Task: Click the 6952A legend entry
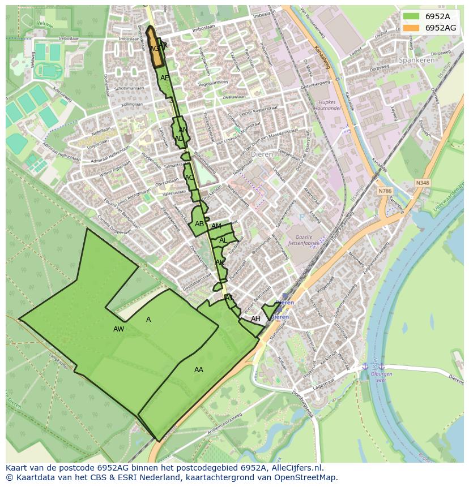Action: pos(428,16)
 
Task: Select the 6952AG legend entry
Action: pos(428,28)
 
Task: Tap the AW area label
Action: pos(118,329)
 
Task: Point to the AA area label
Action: pos(199,370)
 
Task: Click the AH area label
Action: pos(255,319)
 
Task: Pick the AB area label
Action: pos(199,224)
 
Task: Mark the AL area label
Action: pos(223,240)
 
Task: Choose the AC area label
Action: pos(189,178)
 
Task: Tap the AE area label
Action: pos(164,78)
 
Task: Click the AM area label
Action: pos(216,226)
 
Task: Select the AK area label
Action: pos(220,262)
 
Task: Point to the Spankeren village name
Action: pos(416,60)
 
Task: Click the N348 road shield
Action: pos(422,183)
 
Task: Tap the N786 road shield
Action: pos(385,191)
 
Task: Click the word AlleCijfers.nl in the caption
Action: pos(296,468)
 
